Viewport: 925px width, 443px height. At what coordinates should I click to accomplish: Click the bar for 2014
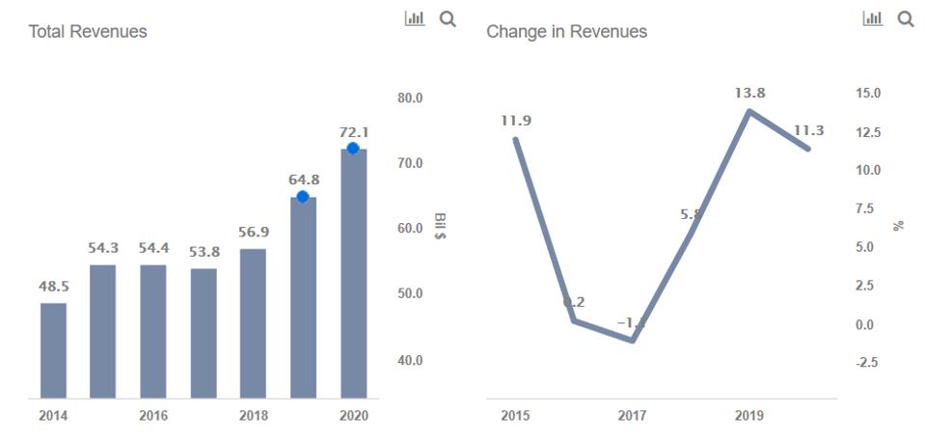click(x=53, y=350)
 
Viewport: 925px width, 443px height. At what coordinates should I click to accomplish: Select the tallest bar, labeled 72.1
click(x=353, y=275)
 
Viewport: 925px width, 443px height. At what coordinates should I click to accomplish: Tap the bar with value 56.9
click(x=253, y=323)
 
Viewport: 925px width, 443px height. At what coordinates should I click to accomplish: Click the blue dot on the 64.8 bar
click(x=303, y=197)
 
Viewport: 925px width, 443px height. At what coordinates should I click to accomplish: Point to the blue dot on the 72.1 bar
click(x=353, y=148)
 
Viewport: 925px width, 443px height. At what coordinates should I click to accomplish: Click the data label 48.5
click(x=53, y=288)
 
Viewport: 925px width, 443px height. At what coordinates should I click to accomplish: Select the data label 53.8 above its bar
click(x=204, y=252)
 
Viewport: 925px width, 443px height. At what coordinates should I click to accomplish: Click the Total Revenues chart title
click(x=88, y=32)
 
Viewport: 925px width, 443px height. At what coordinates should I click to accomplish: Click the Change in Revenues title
click(x=566, y=32)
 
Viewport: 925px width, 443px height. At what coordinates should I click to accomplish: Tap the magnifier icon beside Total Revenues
click(x=448, y=18)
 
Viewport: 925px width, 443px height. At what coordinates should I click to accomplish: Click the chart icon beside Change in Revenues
click(x=872, y=18)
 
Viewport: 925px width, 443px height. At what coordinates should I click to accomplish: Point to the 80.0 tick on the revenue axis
click(x=410, y=98)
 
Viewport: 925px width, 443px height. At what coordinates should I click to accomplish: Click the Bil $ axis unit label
click(x=440, y=227)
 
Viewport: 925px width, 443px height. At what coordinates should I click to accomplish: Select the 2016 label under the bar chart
click(x=153, y=416)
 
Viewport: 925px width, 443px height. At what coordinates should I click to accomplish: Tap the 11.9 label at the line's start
click(x=515, y=121)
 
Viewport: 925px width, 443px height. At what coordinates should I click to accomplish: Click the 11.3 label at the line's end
click(x=808, y=131)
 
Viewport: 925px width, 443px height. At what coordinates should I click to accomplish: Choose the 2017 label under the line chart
click(x=632, y=416)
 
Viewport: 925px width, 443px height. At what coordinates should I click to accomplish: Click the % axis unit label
click(x=899, y=226)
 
